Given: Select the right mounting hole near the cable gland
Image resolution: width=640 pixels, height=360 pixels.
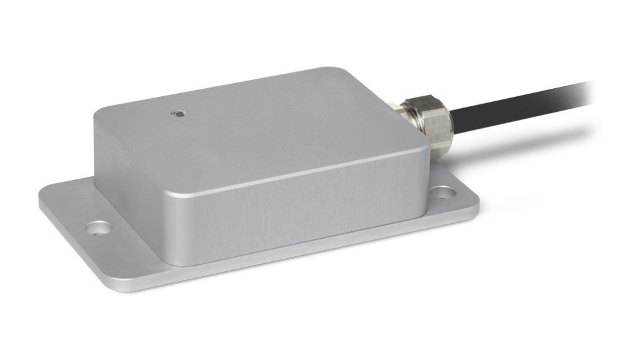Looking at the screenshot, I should coord(443,193).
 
